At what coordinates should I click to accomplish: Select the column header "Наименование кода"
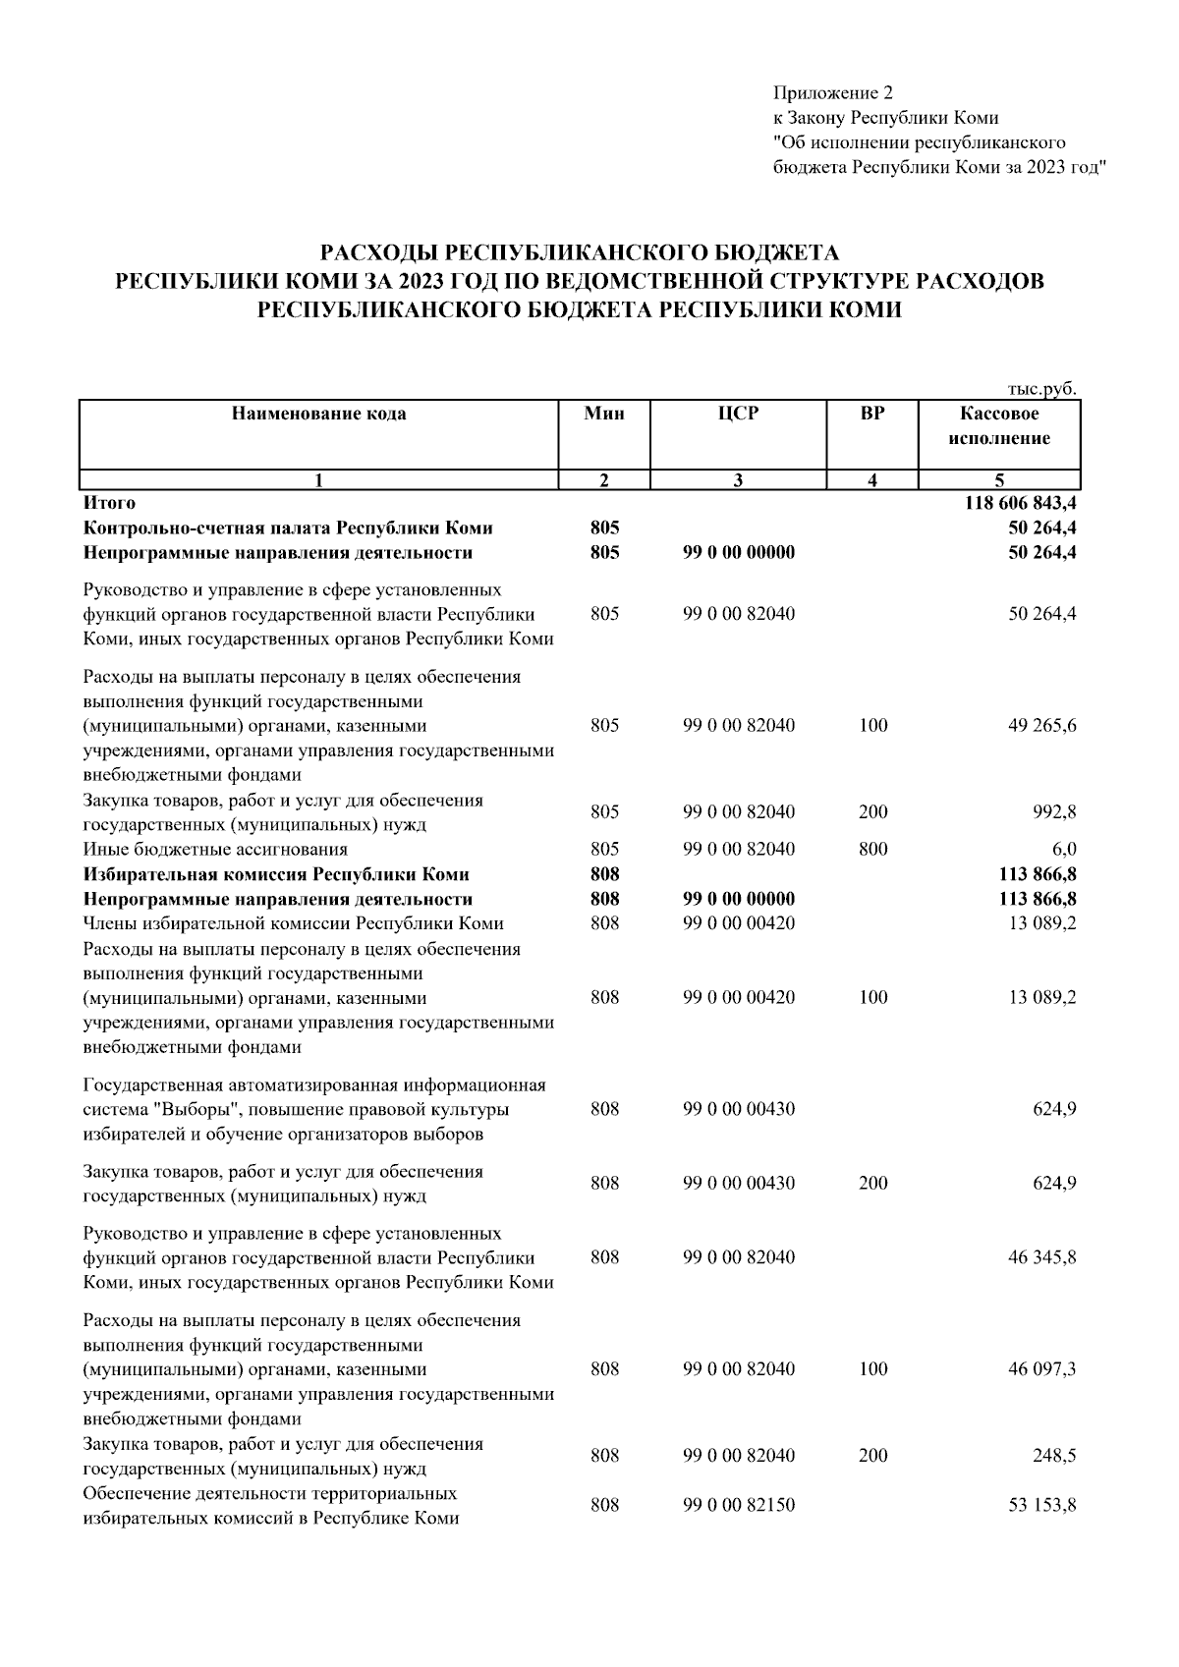pos(318,414)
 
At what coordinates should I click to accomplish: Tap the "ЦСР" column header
pos(738,414)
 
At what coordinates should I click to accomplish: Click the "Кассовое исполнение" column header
pos(999,426)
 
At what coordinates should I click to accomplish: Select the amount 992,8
pos(1056,812)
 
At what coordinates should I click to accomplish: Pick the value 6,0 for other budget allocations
pos(1064,849)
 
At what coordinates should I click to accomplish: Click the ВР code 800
pos(872,849)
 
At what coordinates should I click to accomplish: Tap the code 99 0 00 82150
pos(739,1505)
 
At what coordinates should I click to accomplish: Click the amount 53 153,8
pos(1042,1505)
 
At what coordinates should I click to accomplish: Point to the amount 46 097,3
pos(1042,1369)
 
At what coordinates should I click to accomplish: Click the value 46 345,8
pos(1042,1257)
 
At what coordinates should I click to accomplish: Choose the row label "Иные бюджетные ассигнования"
pos(215,849)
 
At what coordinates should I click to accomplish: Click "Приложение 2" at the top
pos(834,93)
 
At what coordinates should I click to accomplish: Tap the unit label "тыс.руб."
pos(1043,389)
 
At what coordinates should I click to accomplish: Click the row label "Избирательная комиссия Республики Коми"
pos(276,874)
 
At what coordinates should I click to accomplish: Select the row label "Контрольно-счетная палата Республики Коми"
pos(288,528)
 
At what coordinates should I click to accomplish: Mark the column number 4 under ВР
pos(872,480)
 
